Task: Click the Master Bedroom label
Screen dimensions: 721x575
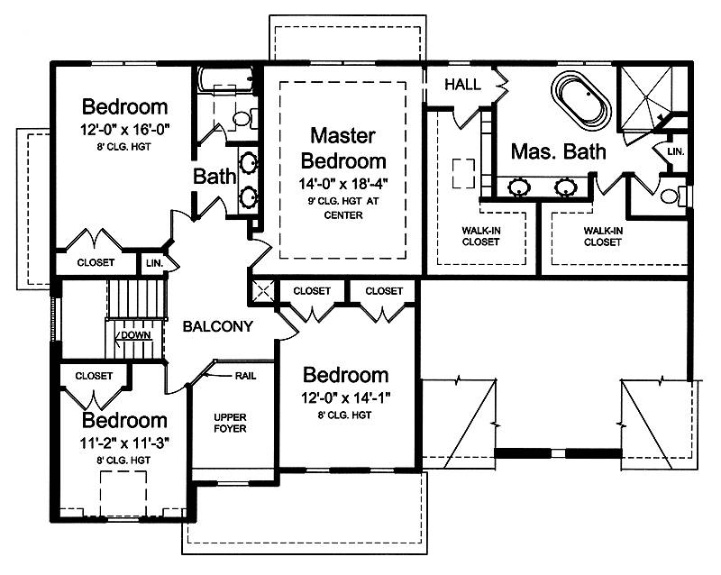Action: point(343,148)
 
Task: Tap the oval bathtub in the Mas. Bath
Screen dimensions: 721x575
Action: point(581,99)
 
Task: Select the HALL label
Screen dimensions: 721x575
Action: point(462,84)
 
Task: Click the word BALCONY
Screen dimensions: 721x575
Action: point(218,326)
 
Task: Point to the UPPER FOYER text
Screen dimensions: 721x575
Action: point(230,423)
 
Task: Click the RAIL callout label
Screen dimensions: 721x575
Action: point(245,376)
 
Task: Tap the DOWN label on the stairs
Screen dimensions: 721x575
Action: point(136,335)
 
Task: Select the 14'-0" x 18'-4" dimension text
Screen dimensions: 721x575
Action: point(343,184)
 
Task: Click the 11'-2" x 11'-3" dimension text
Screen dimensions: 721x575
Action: point(124,443)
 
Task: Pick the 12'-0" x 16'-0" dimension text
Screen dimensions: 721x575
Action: point(125,129)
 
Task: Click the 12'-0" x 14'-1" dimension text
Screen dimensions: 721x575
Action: point(346,397)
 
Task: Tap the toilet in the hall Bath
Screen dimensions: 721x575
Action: point(242,119)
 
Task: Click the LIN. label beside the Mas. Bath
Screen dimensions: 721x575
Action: point(675,151)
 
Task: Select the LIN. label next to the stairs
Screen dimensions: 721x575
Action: point(154,263)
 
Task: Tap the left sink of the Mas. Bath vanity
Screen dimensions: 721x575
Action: point(519,187)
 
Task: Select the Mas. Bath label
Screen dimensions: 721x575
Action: point(559,151)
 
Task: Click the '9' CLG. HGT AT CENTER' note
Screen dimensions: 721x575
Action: point(343,208)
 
